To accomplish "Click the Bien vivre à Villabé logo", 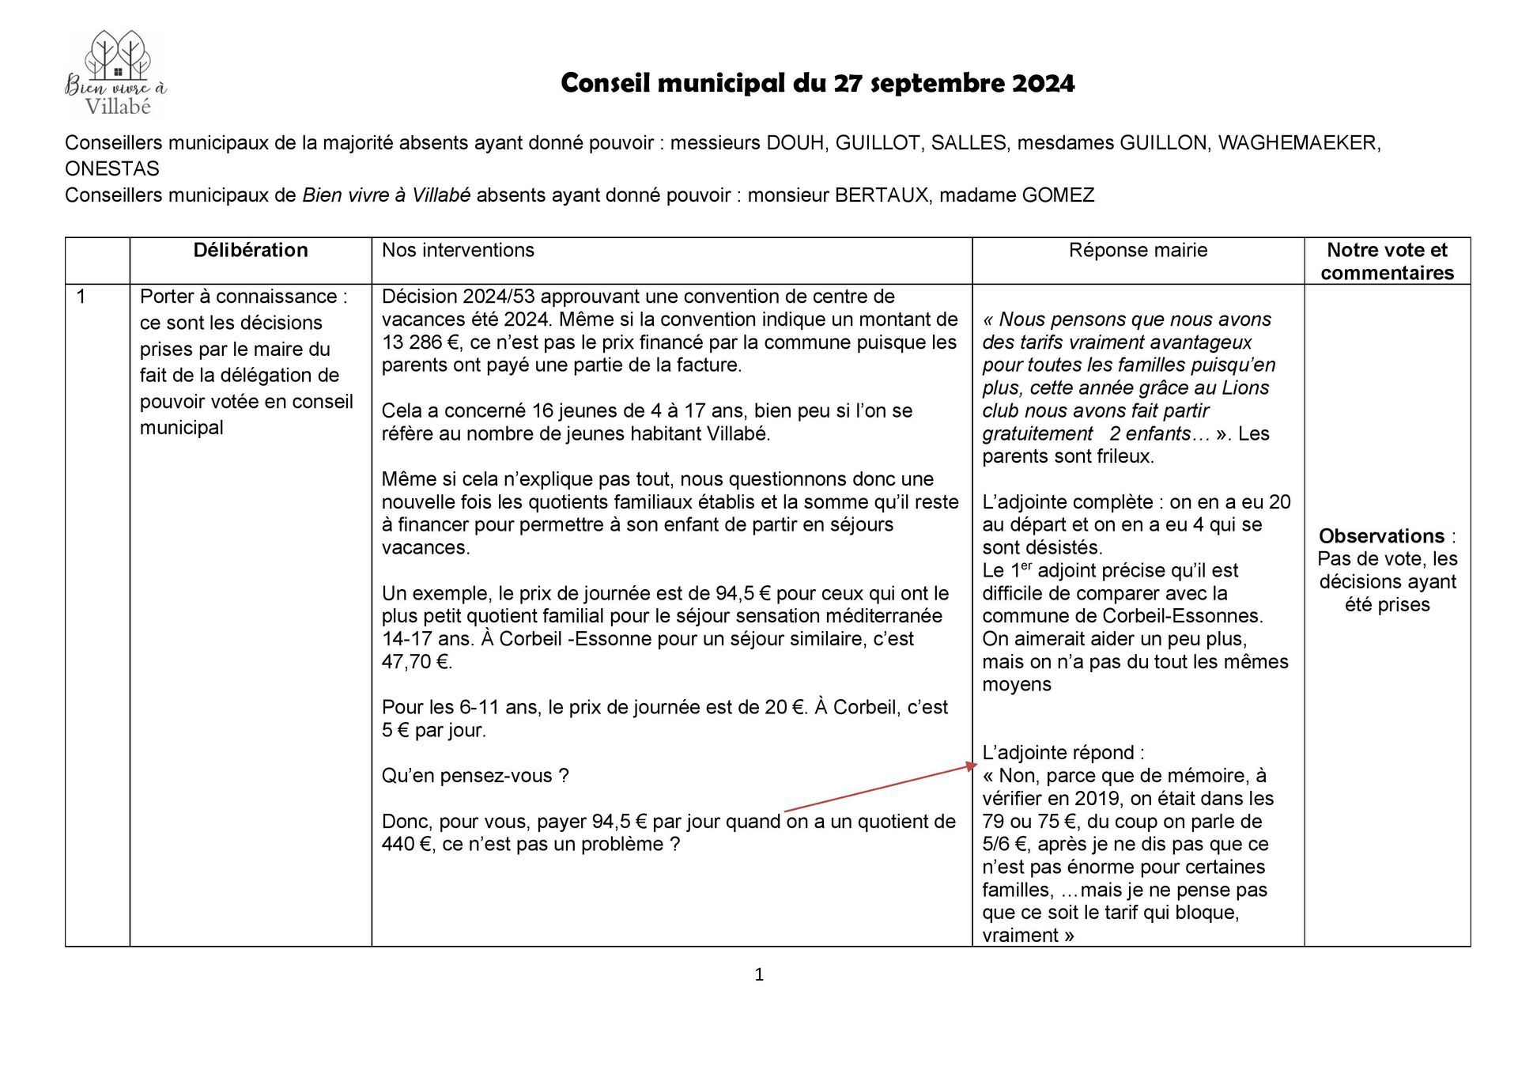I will point(116,74).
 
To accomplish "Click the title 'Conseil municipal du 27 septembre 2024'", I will point(818,83).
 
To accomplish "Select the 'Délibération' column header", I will point(251,251).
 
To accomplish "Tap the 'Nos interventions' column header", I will point(458,251).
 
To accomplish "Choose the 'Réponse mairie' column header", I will point(1138,251).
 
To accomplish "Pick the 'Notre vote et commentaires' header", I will point(1387,261).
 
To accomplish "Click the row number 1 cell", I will point(81,297).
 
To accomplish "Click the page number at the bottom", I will point(759,975).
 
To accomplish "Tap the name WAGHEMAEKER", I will point(1299,143).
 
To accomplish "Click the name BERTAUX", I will point(882,195).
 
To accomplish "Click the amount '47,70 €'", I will point(417,662).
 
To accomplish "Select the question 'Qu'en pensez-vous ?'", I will point(475,776).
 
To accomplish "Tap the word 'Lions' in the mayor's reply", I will point(1245,388).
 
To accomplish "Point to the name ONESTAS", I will point(112,169).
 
